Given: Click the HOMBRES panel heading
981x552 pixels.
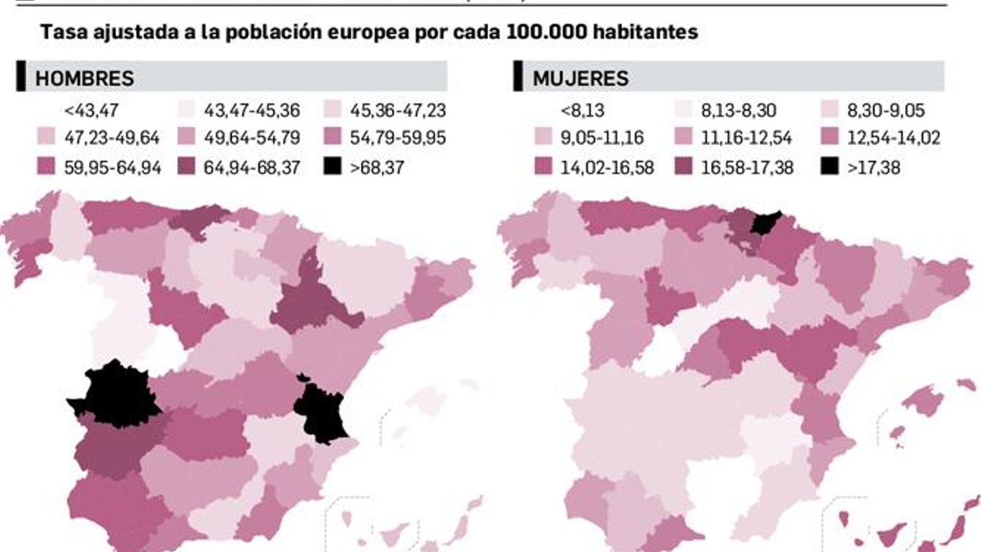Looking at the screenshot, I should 85,79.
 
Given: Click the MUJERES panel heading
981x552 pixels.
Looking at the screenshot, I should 580,79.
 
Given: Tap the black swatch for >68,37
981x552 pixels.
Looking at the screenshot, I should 332,166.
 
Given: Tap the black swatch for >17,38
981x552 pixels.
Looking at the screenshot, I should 830,166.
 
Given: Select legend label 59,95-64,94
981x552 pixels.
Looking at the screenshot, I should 112,167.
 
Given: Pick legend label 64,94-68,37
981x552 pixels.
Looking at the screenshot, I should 252,167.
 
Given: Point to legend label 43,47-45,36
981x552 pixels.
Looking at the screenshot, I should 252,110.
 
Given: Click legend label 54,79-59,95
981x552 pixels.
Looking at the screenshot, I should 398,138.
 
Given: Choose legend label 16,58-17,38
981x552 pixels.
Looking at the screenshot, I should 747,167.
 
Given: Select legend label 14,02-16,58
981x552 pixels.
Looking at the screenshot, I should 607,167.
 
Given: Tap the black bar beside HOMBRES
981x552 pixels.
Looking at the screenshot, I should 21,77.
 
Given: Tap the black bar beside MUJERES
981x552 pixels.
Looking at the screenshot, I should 518,77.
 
